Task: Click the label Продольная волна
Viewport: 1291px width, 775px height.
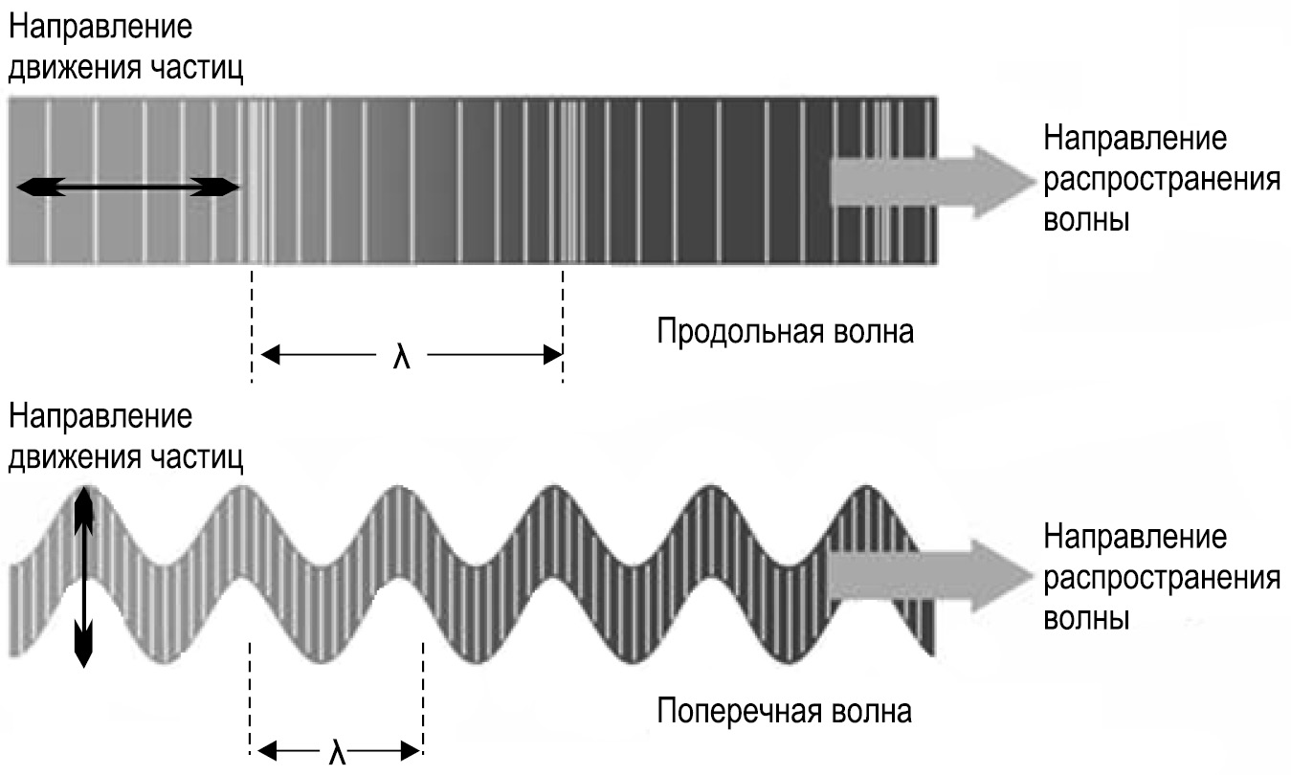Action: tap(785, 333)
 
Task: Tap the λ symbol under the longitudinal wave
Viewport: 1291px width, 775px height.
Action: tap(402, 357)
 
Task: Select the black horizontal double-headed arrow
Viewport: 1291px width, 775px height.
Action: tap(126, 188)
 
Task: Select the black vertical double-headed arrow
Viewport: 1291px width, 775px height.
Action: tap(84, 576)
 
